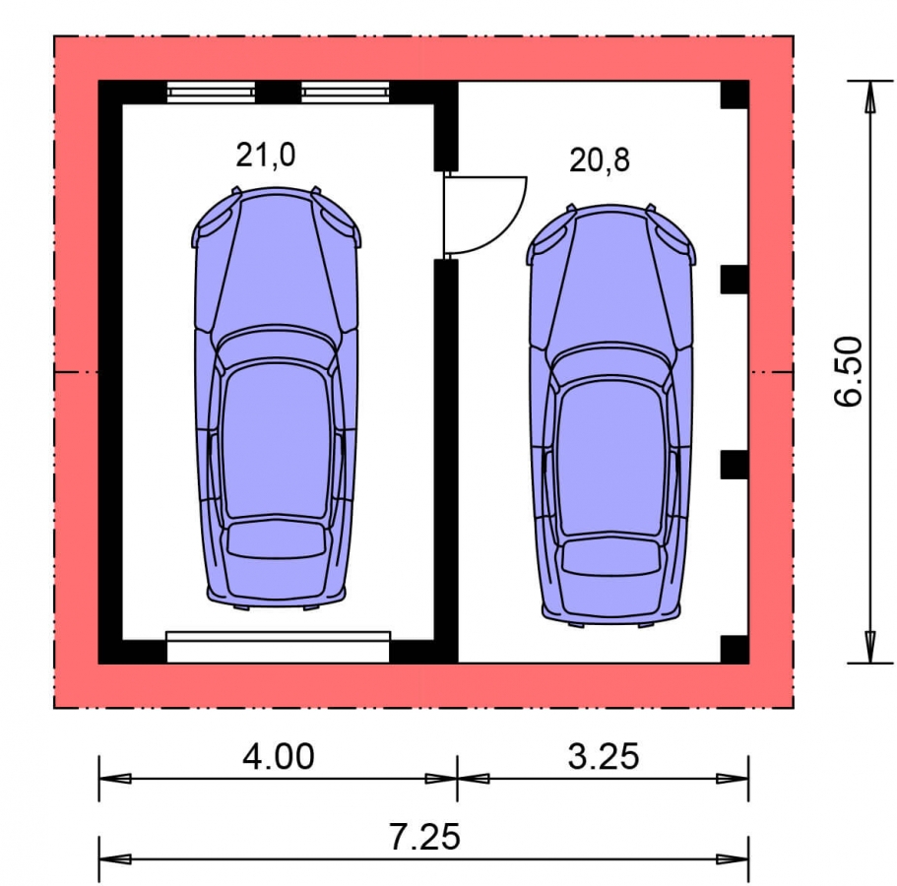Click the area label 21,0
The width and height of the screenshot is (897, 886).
(266, 156)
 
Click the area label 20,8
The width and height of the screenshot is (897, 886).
(599, 160)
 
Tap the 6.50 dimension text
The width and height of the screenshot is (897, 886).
(849, 372)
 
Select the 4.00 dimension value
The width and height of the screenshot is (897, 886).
(278, 756)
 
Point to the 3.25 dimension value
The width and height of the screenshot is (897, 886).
(603, 756)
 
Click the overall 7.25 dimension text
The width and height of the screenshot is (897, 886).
(424, 837)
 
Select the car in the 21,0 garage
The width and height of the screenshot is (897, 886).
(277, 398)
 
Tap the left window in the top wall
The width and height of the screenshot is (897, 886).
(211, 92)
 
